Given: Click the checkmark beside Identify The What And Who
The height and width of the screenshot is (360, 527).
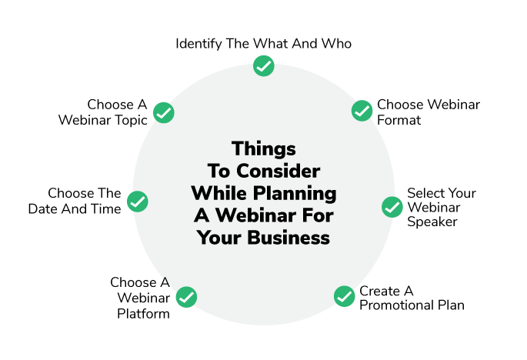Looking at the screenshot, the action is pyautogui.click(x=263, y=66).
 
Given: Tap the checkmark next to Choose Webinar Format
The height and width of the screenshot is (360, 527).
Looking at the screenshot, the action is pyautogui.click(x=362, y=111).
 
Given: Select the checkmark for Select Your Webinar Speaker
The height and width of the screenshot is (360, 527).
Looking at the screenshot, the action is pyautogui.click(x=392, y=207).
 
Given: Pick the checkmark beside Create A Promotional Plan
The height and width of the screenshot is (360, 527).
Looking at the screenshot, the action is pyautogui.click(x=344, y=296).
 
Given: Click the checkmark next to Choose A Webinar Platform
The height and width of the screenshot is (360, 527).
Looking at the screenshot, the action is pyautogui.click(x=186, y=297).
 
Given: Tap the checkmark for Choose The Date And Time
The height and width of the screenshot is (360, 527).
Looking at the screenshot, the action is pyautogui.click(x=138, y=202).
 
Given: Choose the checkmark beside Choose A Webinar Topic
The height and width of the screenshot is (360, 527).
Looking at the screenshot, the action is pyautogui.click(x=164, y=112).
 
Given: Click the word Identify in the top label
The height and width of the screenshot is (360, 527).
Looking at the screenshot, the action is pyautogui.click(x=198, y=44).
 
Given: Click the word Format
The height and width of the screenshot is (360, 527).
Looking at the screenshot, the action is pyautogui.click(x=399, y=120).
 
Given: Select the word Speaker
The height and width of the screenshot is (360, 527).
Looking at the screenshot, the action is pyautogui.click(x=432, y=222).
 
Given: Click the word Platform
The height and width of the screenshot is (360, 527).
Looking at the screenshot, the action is pyautogui.click(x=144, y=314).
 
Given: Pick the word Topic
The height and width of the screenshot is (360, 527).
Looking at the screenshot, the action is pyautogui.click(x=132, y=121).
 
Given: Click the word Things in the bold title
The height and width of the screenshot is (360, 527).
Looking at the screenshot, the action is pyautogui.click(x=264, y=149).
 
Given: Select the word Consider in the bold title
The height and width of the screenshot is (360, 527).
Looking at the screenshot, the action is pyautogui.click(x=279, y=171).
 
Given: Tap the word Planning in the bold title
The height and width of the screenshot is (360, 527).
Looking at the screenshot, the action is pyautogui.click(x=295, y=194).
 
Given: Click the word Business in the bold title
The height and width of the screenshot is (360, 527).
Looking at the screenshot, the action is pyautogui.click(x=289, y=238).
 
